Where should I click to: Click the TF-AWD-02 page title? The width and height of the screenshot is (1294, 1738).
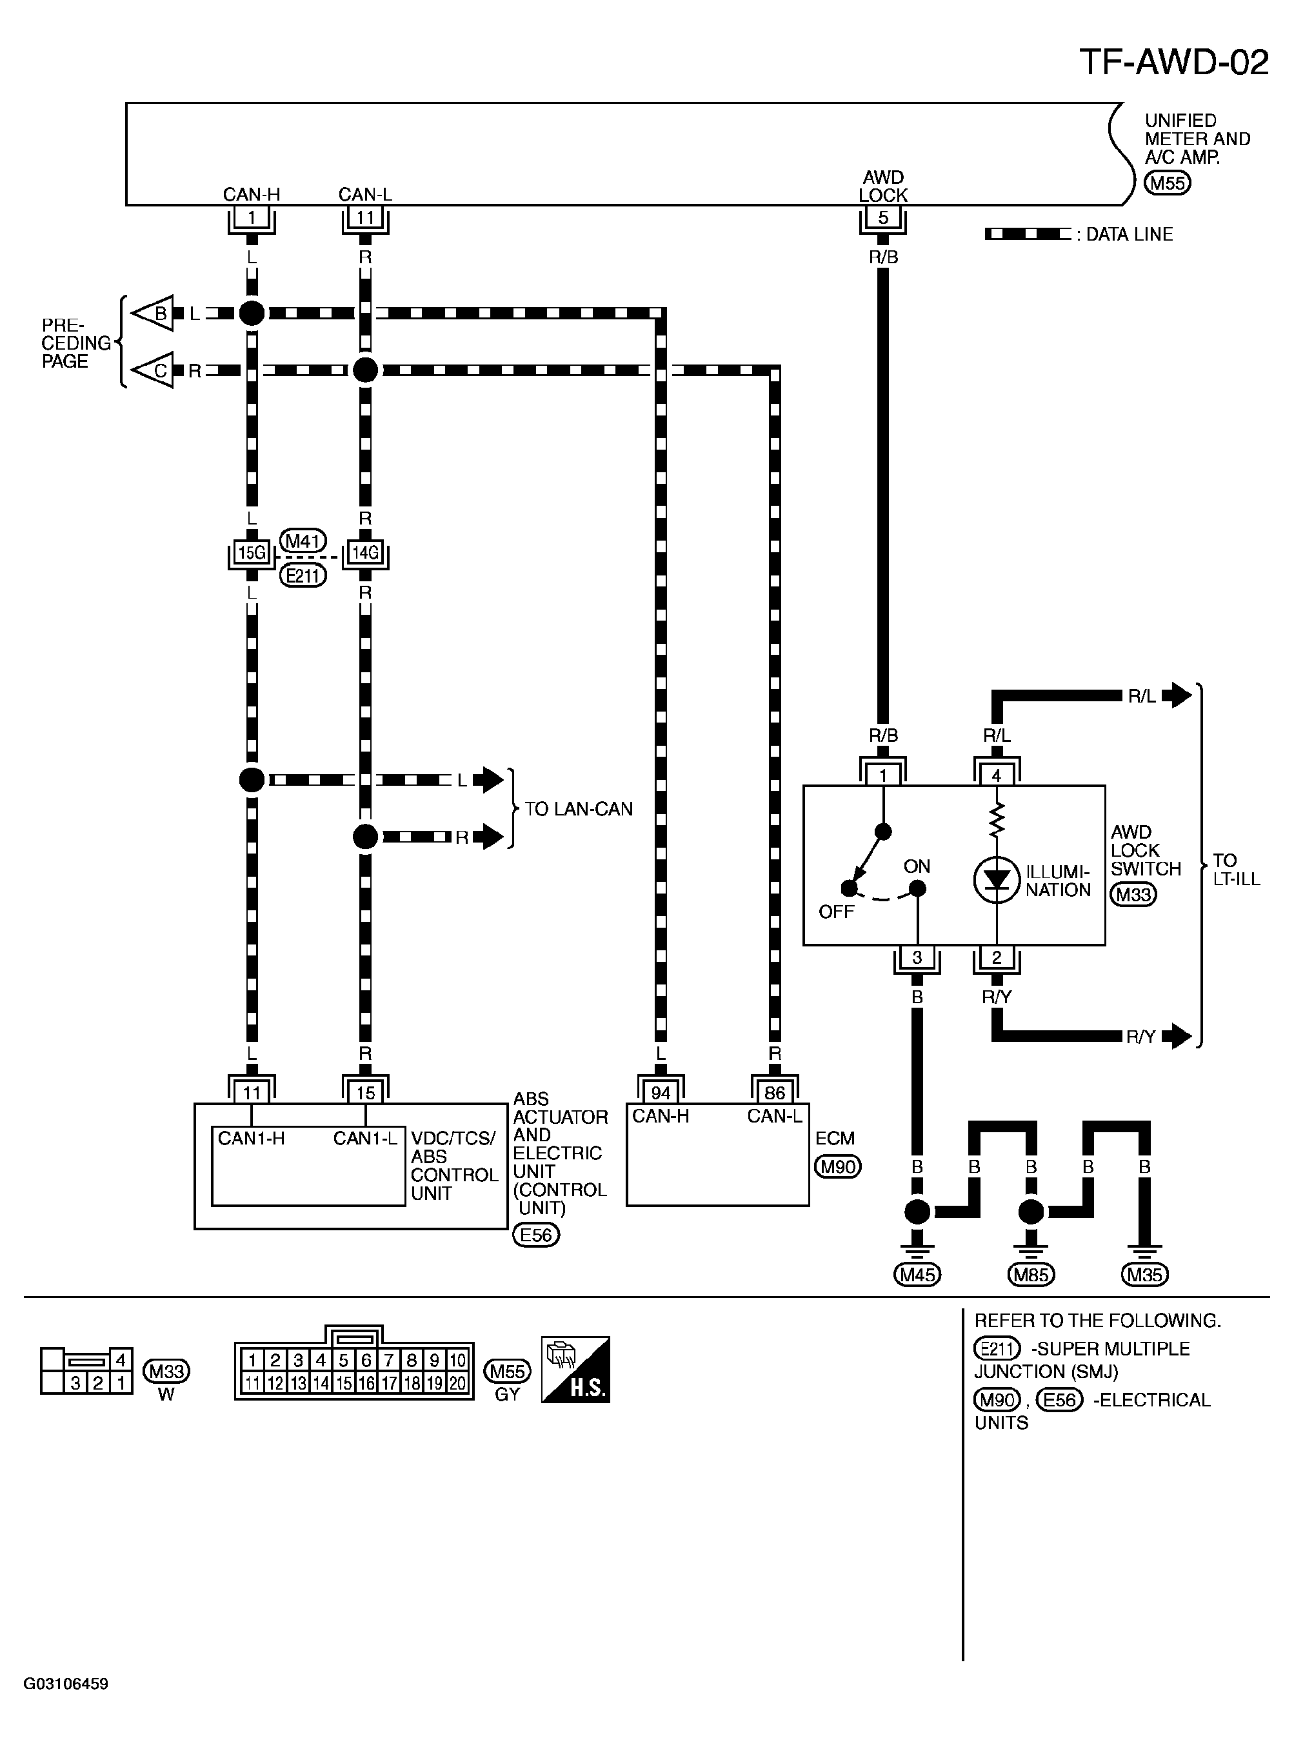point(1173,62)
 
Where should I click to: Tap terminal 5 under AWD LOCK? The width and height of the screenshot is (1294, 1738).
point(882,218)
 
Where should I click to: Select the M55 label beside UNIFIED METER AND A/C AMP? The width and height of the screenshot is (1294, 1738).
point(1167,183)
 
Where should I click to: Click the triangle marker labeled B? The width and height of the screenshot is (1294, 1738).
point(153,314)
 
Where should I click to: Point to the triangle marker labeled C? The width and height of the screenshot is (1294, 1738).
point(153,370)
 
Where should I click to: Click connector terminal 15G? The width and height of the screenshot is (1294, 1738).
point(252,553)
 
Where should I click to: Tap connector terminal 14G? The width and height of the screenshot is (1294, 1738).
point(365,553)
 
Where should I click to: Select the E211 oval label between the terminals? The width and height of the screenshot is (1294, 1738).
point(303,575)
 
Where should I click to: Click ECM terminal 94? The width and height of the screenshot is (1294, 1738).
point(661,1093)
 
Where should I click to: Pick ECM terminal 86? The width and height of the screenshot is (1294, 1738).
point(775,1093)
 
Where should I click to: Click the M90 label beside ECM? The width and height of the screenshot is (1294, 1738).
point(837,1166)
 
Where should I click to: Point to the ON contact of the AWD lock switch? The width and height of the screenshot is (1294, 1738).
point(917,888)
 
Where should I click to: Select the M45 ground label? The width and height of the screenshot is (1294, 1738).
point(917,1274)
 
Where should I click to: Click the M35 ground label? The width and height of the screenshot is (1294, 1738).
point(1144,1274)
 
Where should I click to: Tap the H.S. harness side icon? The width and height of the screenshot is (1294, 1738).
point(575,1369)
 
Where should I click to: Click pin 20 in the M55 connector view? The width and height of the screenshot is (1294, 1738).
point(457,1383)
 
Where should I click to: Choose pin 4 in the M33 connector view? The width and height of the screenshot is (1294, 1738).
point(121,1360)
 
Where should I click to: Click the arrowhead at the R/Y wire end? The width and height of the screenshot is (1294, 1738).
point(1177,1035)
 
